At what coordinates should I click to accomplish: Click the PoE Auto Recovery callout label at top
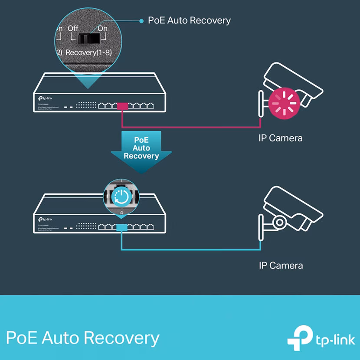pos(190,20)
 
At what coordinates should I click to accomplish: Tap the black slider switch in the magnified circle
pos(88,39)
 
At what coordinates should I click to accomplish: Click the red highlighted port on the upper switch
pos(122,106)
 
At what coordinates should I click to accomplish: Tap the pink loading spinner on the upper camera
pos(284,102)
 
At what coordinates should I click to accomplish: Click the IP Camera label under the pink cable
pos(280,138)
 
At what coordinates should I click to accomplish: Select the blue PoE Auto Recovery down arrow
pos(141,150)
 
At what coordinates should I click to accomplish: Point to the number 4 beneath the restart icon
pos(122,213)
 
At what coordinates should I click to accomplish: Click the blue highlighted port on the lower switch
pos(122,227)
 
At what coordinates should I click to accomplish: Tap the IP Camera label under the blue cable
pos(280,265)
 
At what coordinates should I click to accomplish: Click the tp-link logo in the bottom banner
pos(319,338)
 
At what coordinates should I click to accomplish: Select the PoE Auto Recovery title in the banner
pos(82,337)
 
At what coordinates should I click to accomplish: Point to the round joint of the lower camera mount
pos(278,222)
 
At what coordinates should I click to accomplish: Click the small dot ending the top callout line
pos(141,20)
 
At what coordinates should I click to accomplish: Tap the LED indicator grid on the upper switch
pos(86,105)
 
